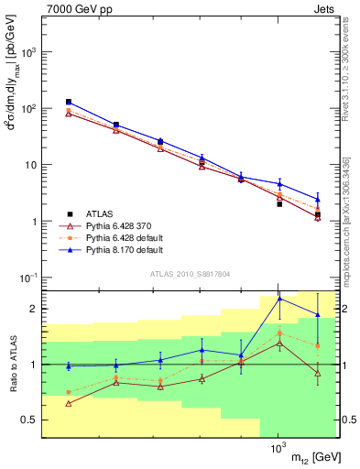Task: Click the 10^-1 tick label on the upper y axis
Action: [x=27, y=278]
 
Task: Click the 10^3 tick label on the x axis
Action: [x=278, y=452]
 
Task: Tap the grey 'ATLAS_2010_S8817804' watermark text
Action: [x=190, y=272]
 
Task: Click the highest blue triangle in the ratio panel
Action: [x=279, y=299]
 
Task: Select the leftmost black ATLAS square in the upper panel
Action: [x=69, y=102]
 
